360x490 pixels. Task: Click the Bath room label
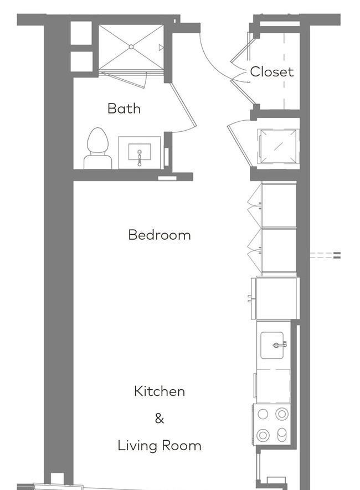[x=124, y=109]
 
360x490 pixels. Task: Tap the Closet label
[x=272, y=71]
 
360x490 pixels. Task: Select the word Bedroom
[x=160, y=235]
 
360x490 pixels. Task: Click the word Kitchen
[x=160, y=391]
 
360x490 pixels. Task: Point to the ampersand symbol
[x=160, y=418]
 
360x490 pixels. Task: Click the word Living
[x=137, y=446]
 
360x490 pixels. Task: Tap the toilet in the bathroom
[x=98, y=148]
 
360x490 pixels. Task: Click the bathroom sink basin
[x=140, y=152]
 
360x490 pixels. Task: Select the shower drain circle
[x=131, y=47]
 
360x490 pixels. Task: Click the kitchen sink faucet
[x=280, y=345]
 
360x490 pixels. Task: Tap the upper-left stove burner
[x=263, y=414]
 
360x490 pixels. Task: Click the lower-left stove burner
[x=263, y=435]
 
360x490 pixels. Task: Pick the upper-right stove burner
[x=282, y=414]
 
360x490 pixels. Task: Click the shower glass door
[x=125, y=79]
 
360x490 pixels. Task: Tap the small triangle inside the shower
[x=161, y=48]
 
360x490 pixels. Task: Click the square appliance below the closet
[x=278, y=146]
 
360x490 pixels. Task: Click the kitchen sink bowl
[x=272, y=345]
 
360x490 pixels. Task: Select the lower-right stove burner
[x=282, y=435]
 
